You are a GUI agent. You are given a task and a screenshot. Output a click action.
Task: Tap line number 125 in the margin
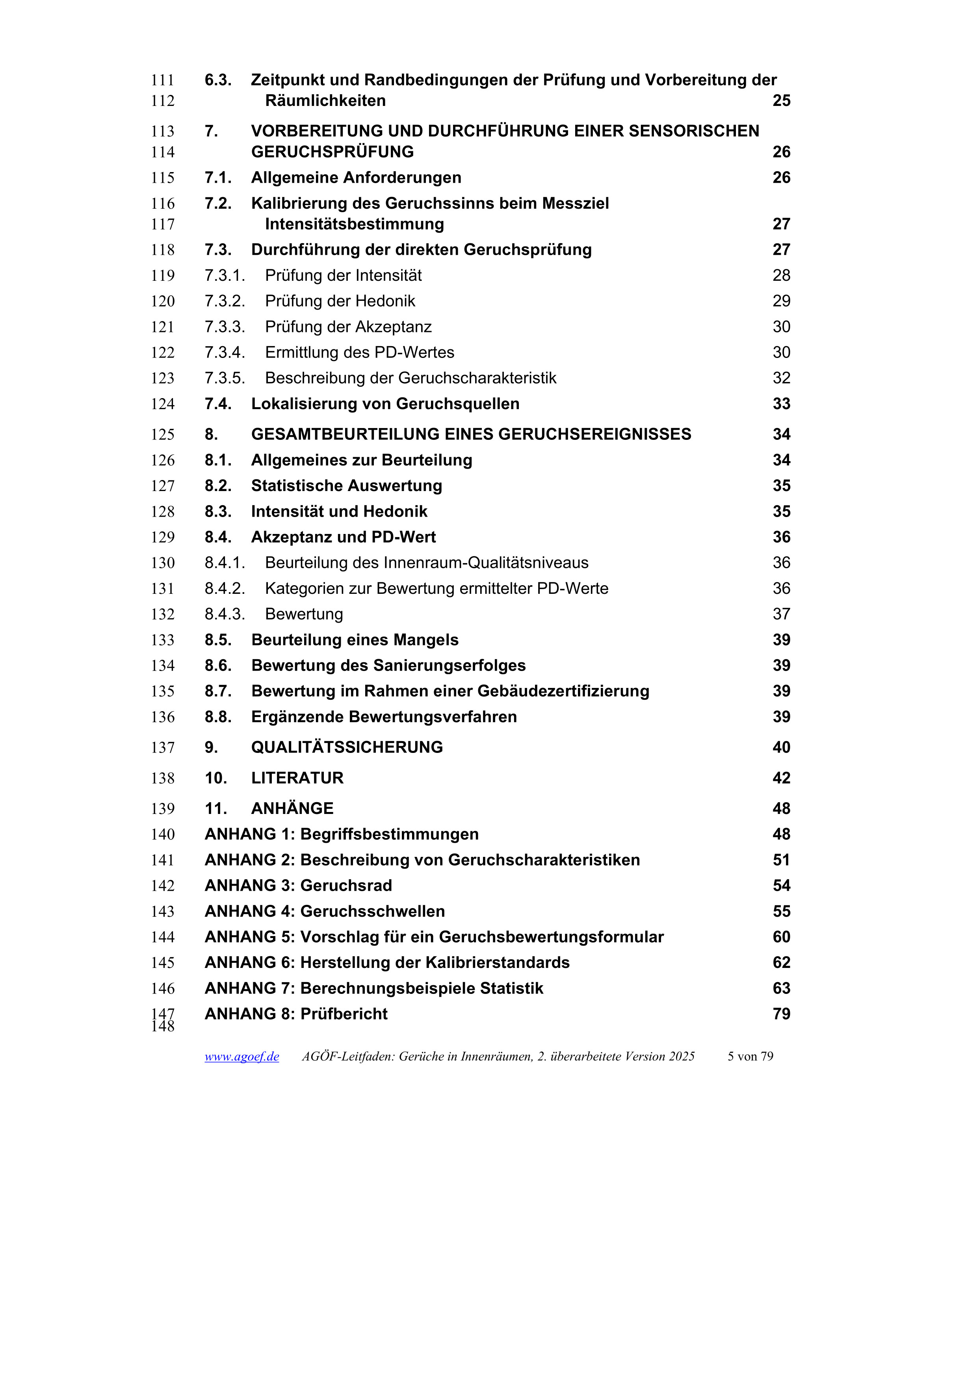162,435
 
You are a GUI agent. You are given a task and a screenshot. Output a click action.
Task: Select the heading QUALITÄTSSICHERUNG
347,748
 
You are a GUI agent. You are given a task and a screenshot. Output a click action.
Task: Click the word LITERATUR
297,779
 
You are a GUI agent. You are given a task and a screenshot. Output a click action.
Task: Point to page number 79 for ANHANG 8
781,1014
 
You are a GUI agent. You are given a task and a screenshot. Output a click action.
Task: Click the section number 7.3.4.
225,352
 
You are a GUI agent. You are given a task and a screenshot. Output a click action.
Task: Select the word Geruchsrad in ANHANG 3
346,886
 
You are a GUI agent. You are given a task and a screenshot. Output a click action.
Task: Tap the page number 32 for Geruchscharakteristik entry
781,378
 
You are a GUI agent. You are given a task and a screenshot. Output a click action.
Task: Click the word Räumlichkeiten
325,101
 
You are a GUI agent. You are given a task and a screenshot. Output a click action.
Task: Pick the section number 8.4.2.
225,589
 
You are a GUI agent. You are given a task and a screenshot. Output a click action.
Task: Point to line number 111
162,81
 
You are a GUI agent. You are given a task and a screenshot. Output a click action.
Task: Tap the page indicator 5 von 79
750,1057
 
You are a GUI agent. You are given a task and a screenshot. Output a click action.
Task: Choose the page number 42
781,779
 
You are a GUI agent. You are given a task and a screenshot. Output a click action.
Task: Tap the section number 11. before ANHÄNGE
216,809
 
